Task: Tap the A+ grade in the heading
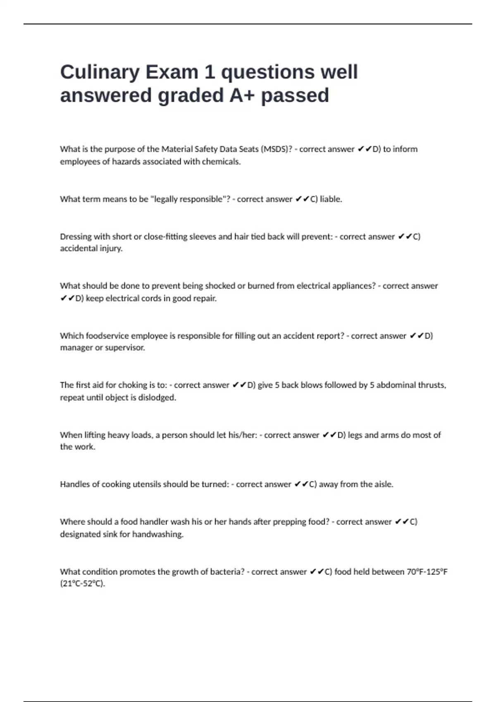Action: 242,95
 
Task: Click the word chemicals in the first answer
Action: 221,161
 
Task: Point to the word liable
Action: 331,199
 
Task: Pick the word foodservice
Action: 107,336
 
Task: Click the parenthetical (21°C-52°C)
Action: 83,584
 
